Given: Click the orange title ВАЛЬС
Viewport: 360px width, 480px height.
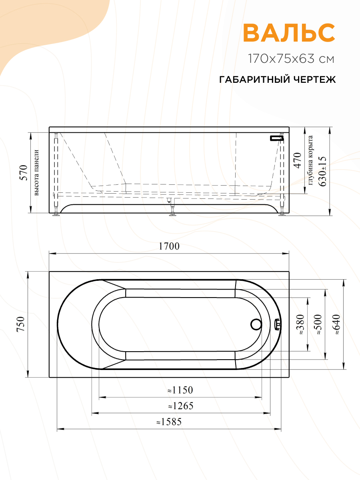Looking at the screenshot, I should point(289,33).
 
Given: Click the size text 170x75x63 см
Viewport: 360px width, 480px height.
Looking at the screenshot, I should point(291,59).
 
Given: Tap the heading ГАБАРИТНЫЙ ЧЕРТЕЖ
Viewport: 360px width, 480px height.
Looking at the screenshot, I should point(278,80).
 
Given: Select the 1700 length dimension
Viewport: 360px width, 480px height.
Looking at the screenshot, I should point(169,246).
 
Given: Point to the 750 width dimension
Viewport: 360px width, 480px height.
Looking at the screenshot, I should point(21,324).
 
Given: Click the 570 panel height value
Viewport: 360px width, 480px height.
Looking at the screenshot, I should point(24,173).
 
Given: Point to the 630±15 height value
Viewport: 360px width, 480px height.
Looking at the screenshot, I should point(322,171).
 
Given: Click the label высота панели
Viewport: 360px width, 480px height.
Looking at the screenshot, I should point(37,173).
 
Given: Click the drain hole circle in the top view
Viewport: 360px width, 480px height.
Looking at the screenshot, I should point(255,324).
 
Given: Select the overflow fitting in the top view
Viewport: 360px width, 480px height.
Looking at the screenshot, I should point(278,324).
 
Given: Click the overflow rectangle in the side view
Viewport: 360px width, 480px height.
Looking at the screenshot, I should point(276,138).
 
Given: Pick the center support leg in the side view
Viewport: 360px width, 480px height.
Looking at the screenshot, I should point(172,206).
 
